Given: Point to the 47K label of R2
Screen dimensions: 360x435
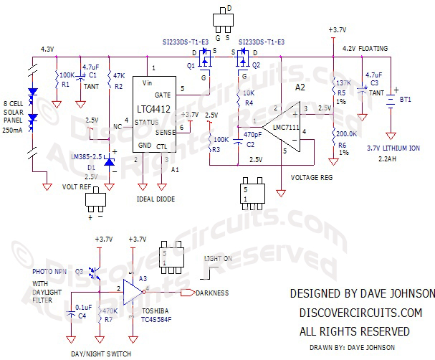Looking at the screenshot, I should coord(120,75).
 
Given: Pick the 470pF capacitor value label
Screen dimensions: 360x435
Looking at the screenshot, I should coord(252,135).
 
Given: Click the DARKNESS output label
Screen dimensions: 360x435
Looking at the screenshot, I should coord(211,293).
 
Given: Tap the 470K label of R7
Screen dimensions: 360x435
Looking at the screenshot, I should coord(110,311).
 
